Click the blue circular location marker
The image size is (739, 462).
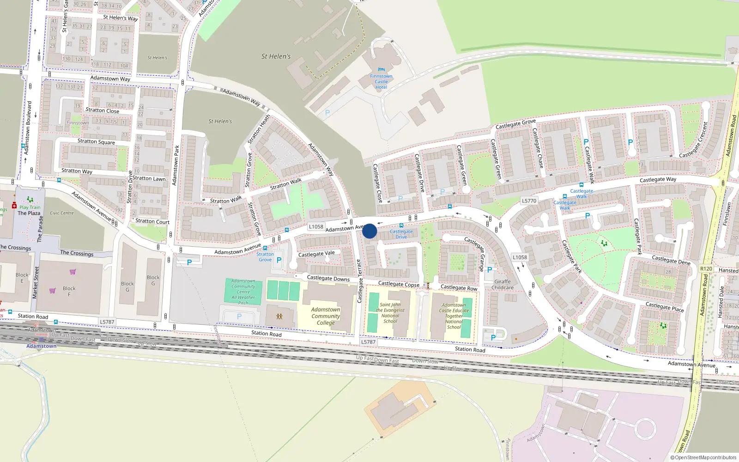click(x=369, y=231)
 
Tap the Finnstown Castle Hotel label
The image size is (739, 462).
click(x=381, y=82)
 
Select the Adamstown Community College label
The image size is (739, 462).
click(x=326, y=316)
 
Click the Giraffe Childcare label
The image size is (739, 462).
click(x=503, y=285)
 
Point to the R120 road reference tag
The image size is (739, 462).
click(x=706, y=268)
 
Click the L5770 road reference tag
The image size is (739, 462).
click(x=529, y=201)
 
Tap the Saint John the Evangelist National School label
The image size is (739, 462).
click(x=390, y=313)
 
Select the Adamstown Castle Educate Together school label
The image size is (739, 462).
click(x=454, y=316)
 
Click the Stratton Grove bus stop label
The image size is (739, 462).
click(x=265, y=257)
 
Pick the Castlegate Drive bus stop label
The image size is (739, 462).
click(x=401, y=234)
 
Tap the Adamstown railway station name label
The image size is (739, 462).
click(x=42, y=346)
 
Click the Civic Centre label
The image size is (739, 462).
click(x=61, y=213)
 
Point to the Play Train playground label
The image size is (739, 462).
click(x=30, y=207)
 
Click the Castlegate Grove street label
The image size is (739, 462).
click(x=515, y=124)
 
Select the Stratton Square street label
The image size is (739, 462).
click(x=96, y=142)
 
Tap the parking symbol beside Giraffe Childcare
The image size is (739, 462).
click(x=490, y=270)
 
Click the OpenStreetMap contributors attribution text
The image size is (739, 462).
click(x=705, y=457)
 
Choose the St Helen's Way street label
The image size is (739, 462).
click(x=120, y=18)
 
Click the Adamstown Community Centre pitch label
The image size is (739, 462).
click(x=243, y=292)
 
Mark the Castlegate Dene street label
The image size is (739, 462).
click(x=671, y=260)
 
